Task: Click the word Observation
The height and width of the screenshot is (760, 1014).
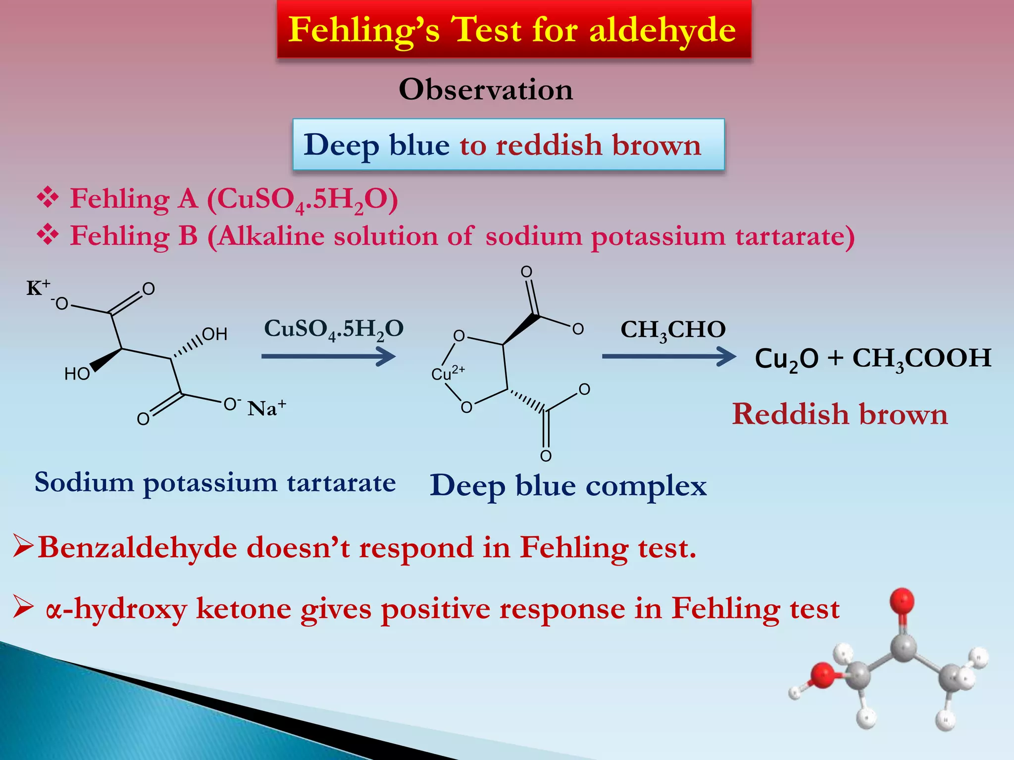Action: (x=486, y=90)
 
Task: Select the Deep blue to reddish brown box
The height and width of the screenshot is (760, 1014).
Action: (x=508, y=144)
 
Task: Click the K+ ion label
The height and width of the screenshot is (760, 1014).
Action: (x=38, y=287)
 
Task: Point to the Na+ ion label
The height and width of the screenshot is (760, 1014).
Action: (x=267, y=408)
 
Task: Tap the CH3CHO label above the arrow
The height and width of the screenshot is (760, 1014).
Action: (x=673, y=330)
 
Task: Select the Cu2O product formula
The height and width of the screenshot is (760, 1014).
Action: (x=786, y=359)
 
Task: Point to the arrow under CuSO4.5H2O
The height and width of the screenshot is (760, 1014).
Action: (x=328, y=356)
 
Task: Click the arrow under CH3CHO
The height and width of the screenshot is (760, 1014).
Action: (x=668, y=356)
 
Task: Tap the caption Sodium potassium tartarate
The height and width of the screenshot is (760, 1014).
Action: (x=215, y=482)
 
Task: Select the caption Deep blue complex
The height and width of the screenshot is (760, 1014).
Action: (x=568, y=485)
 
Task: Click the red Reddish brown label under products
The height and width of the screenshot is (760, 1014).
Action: (x=840, y=414)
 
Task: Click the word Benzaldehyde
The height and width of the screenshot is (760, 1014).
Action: (x=138, y=548)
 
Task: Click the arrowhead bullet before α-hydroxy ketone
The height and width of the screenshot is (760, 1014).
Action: (x=23, y=608)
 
